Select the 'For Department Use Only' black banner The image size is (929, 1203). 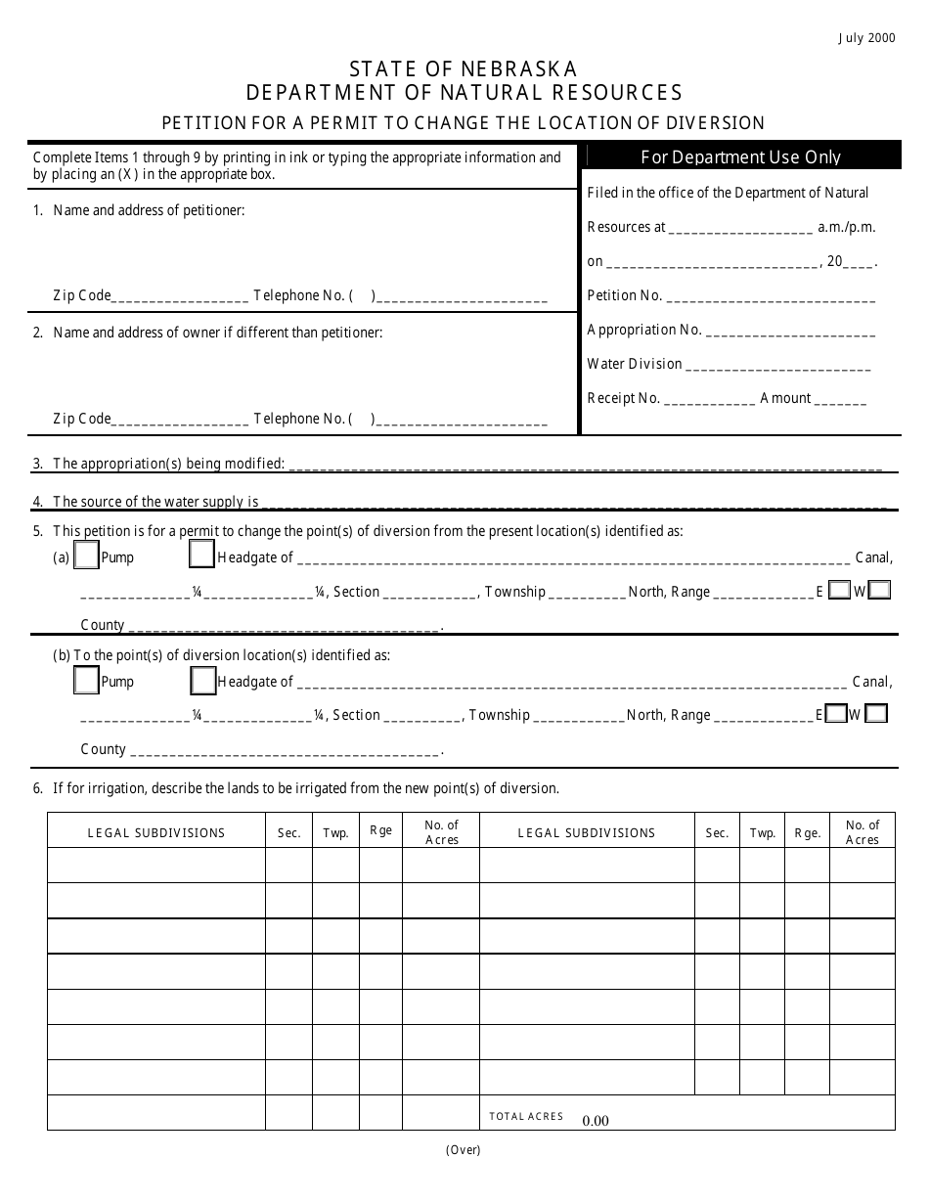click(740, 156)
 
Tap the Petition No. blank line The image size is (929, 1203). click(771, 296)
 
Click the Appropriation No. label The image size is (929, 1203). click(644, 330)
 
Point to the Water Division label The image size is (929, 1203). click(635, 364)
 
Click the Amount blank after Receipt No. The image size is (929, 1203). click(840, 399)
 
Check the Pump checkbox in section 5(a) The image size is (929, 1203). click(87, 557)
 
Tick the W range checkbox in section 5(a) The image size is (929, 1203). click(879, 591)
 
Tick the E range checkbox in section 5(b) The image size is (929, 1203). click(835, 714)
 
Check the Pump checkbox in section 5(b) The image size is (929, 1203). click(87, 680)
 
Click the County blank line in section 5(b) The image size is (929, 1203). click(285, 750)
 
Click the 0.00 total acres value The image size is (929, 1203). click(596, 1121)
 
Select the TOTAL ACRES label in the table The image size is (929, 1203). click(526, 1116)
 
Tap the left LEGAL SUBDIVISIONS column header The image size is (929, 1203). click(156, 833)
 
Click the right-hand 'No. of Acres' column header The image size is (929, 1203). click(863, 832)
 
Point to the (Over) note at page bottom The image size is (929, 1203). click(464, 1150)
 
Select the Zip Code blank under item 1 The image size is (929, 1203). click(181, 296)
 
